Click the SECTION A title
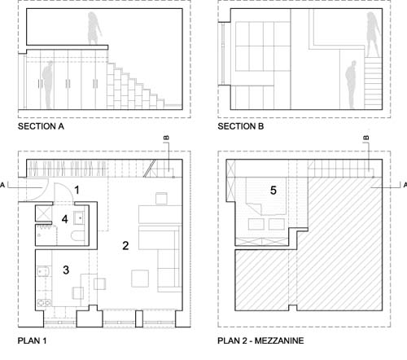(x=41, y=126)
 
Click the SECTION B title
(x=241, y=126)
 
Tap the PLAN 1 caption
(x=32, y=340)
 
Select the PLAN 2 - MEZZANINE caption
(x=260, y=340)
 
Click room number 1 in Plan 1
(x=77, y=190)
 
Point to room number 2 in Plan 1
(x=125, y=245)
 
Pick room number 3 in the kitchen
(x=66, y=270)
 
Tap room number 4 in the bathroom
(x=64, y=219)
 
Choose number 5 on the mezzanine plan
(x=274, y=191)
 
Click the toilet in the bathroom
(x=78, y=236)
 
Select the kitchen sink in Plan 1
(x=44, y=272)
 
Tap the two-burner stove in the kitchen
(x=44, y=303)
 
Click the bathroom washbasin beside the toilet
(x=79, y=217)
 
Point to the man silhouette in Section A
(x=48, y=85)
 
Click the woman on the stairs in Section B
(x=374, y=34)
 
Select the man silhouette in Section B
(x=351, y=85)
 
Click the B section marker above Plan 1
(x=167, y=138)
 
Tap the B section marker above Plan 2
(x=366, y=138)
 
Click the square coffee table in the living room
(x=140, y=279)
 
